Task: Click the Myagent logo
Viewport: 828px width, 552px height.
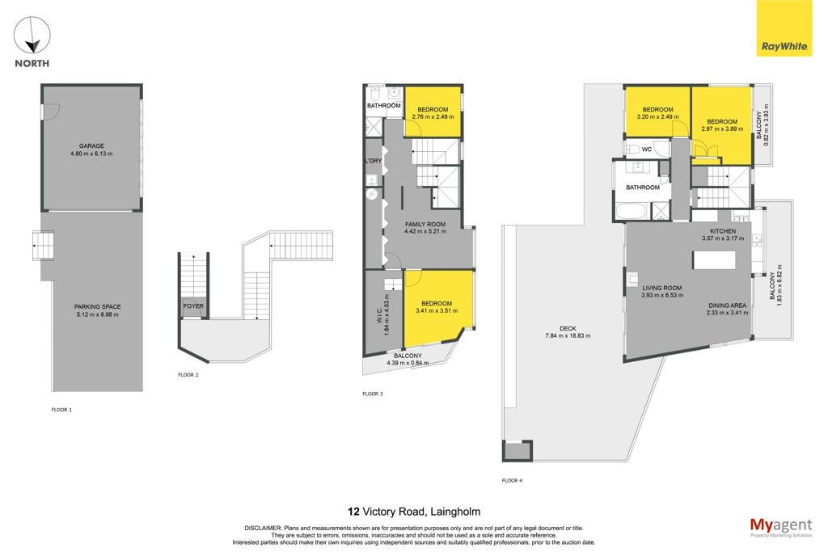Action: (x=781, y=528)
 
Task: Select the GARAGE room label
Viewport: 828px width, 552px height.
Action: (x=91, y=145)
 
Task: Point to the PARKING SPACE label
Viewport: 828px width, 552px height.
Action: (x=97, y=306)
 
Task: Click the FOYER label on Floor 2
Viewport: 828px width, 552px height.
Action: (x=193, y=306)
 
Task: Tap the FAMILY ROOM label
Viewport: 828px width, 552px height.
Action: (x=425, y=225)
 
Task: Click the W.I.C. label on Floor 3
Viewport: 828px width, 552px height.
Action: (x=379, y=315)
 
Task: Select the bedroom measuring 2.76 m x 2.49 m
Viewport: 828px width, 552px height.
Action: (x=433, y=112)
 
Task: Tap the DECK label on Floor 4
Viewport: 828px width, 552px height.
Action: (x=568, y=328)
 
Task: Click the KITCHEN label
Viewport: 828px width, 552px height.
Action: (x=723, y=231)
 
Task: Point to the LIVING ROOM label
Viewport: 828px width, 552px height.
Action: (x=662, y=289)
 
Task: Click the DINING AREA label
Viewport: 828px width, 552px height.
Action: (x=727, y=305)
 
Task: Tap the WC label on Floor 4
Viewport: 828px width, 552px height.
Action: (x=647, y=150)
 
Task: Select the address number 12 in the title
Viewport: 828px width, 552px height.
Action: (x=353, y=512)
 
